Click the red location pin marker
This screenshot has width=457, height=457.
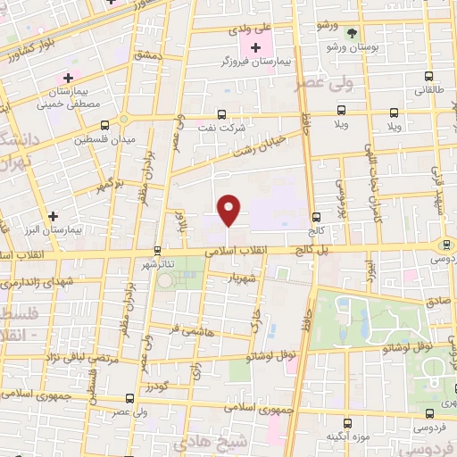230,210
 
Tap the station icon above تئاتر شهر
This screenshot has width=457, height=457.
158,251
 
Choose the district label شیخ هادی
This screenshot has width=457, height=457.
220,444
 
